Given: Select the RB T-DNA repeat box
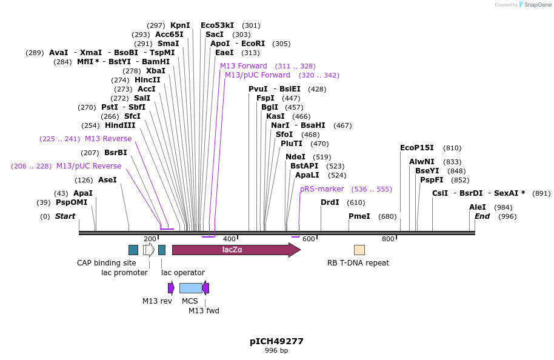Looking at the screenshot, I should (x=359, y=250).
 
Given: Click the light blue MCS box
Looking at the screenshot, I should (x=190, y=288).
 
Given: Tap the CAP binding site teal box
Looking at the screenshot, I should (x=133, y=250).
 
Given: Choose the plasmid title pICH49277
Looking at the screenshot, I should (x=276, y=341).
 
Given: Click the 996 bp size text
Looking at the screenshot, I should (x=276, y=351).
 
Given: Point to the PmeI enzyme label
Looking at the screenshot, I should (x=359, y=216).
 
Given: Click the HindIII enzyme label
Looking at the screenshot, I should (x=120, y=125).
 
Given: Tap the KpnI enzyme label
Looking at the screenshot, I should (x=180, y=25).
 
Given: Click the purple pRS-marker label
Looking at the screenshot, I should (x=322, y=189).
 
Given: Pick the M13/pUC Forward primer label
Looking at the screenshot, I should (x=258, y=75).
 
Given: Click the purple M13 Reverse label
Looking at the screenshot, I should (x=108, y=139).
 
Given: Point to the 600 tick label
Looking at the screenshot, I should (x=309, y=239).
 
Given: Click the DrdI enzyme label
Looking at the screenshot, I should (x=330, y=202).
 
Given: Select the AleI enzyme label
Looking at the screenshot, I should (x=478, y=207).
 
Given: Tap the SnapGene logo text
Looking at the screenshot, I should (x=534, y=5).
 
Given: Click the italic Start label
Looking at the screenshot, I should (x=65, y=216).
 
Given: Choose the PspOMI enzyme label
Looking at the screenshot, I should (x=72, y=202).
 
